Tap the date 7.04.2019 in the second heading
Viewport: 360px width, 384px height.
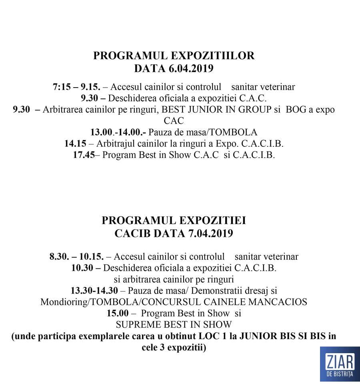click(210, 234)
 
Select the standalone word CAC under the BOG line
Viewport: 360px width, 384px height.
click(174, 120)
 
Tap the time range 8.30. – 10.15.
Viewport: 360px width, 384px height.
click(77, 256)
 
